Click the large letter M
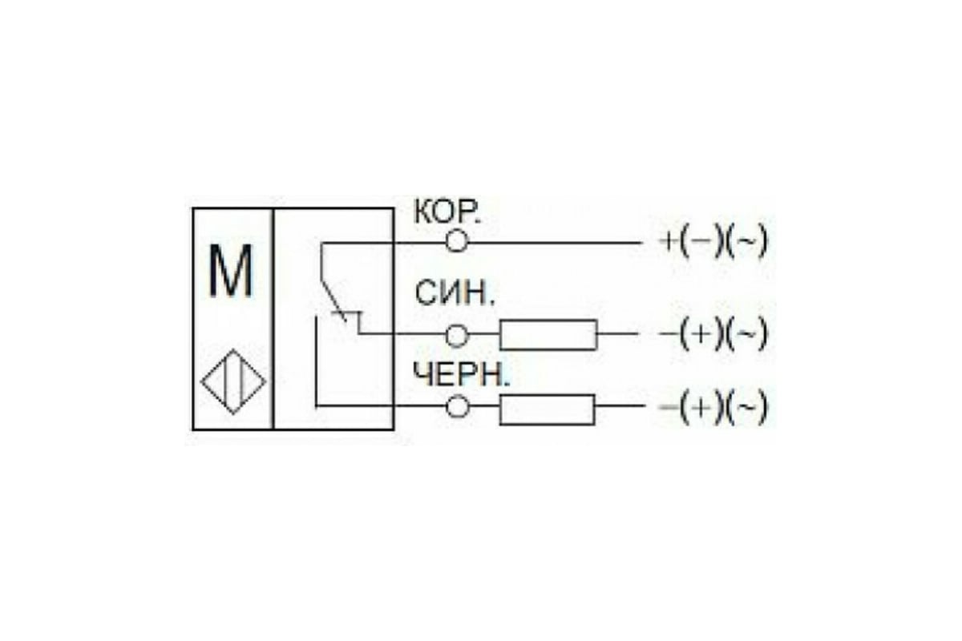point(230,272)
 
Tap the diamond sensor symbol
point(233,381)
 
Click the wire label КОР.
point(447,212)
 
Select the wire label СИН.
point(455,293)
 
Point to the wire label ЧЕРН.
point(461,374)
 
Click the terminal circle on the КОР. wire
point(456,241)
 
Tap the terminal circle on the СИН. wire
point(456,335)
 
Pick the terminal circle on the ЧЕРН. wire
point(457,406)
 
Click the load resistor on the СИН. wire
point(548,335)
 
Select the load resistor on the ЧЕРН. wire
point(547,409)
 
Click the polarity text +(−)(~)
point(713,243)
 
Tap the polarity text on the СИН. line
point(713,334)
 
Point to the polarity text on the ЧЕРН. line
point(713,407)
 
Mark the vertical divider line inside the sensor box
point(273,319)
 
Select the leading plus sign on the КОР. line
point(668,242)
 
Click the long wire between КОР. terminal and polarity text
point(555,243)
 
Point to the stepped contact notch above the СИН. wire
point(353,322)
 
